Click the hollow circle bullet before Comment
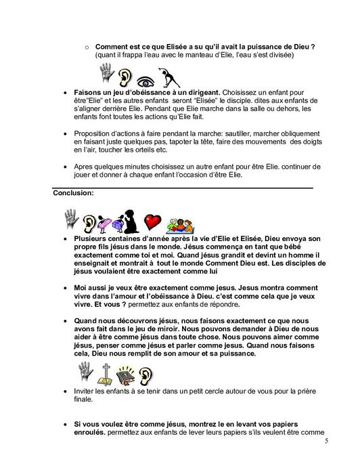click(87, 47)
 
